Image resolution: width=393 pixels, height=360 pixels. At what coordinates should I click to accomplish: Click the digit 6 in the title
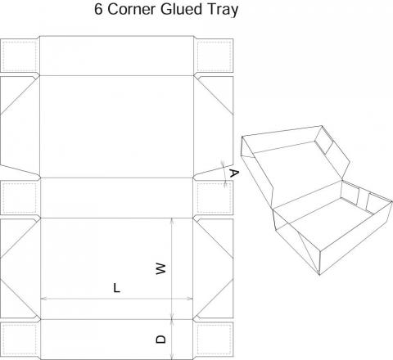[98, 9]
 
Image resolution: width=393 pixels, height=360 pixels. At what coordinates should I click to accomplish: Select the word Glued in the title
[181, 9]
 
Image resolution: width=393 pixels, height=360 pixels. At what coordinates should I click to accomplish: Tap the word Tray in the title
[223, 10]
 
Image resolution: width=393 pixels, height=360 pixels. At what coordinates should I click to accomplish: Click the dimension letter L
[116, 288]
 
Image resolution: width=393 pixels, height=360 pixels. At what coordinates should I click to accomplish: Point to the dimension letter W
[160, 268]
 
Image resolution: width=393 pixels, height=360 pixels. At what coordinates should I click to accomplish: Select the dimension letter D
[160, 340]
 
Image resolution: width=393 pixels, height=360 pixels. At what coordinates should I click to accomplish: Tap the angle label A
[234, 173]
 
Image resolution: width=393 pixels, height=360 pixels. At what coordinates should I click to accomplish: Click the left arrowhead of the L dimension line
[44, 299]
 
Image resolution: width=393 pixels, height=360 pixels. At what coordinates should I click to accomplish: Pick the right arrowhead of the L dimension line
[189, 299]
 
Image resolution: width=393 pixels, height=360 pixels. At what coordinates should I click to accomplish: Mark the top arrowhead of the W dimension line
[172, 222]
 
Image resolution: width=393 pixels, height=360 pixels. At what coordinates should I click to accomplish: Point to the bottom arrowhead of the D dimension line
[172, 356]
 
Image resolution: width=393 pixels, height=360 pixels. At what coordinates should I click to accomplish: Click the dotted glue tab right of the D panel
[215, 340]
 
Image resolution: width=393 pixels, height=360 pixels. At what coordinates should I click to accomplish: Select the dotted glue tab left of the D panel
[19, 340]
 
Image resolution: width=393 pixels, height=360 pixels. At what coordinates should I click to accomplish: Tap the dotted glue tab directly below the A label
[215, 198]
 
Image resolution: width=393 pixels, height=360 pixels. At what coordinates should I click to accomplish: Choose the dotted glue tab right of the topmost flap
[215, 56]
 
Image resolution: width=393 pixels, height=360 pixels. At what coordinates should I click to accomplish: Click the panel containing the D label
[117, 340]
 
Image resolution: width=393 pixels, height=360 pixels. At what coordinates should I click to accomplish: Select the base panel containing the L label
[117, 268]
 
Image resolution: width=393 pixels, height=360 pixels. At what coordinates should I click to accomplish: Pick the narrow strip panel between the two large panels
[117, 198]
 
